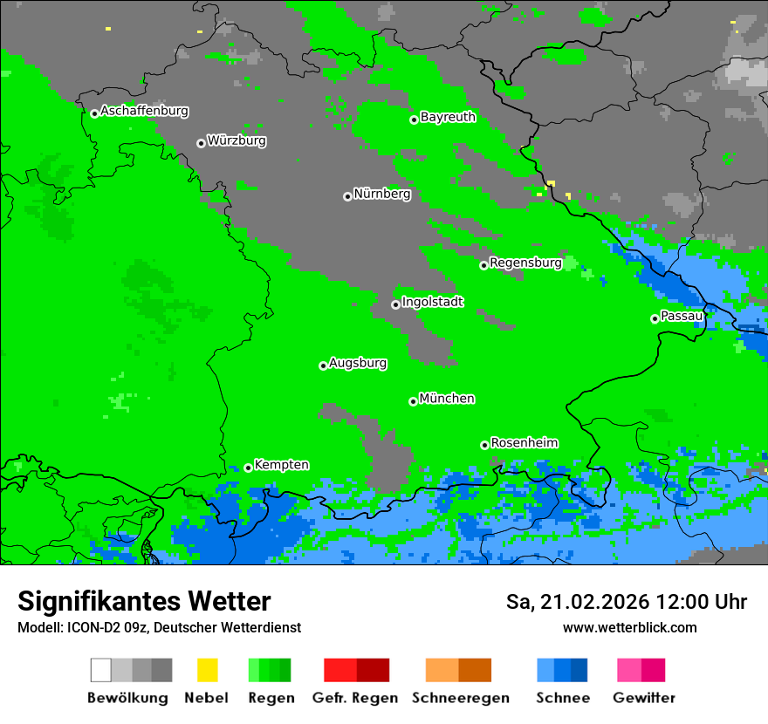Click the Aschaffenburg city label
coord(144,112)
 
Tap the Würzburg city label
coord(237,140)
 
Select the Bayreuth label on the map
coord(448,117)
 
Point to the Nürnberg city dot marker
coord(347,196)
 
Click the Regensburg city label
coord(525,263)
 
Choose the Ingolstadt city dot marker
coord(395,304)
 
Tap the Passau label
coord(682,316)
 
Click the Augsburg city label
coord(358,363)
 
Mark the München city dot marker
coord(413,401)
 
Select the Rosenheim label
coord(524,442)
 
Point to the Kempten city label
coord(281,465)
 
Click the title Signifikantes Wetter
coord(144,602)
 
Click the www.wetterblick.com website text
coord(629,628)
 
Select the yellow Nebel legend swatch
coord(207,670)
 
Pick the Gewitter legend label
coord(644,698)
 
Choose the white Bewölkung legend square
coord(100,670)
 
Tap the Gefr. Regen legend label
coord(355,698)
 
